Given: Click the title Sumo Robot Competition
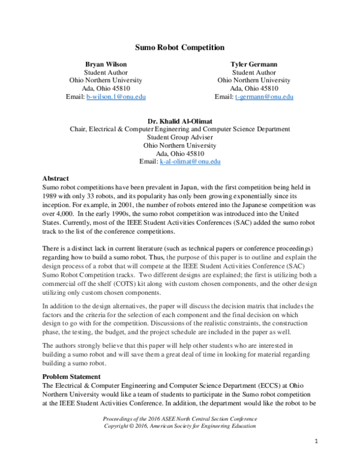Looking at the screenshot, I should click(x=179, y=47).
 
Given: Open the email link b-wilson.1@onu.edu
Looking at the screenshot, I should click(x=116, y=97).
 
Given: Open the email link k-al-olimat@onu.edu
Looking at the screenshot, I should click(x=190, y=162).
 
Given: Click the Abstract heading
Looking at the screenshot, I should click(x=55, y=178).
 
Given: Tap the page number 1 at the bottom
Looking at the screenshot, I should click(x=316, y=441).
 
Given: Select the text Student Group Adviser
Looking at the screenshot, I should click(x=180, y=137).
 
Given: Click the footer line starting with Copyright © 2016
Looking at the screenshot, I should click(x=179, y=425).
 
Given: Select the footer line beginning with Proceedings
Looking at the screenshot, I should click(x=179, y=417).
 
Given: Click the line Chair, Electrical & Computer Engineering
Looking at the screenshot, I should click(x=180, y=129).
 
